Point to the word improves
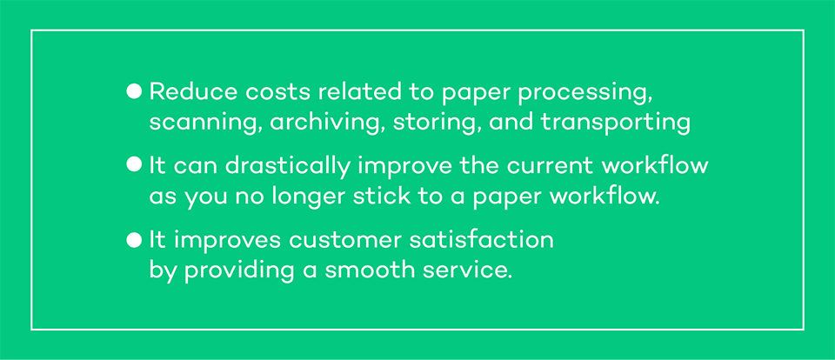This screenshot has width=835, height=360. tap(227, 242)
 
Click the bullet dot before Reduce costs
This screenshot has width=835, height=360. tap(134, 91)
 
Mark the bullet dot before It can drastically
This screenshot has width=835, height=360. tap(134, 165)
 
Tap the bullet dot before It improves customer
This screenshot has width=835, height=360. tap(134, 240)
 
